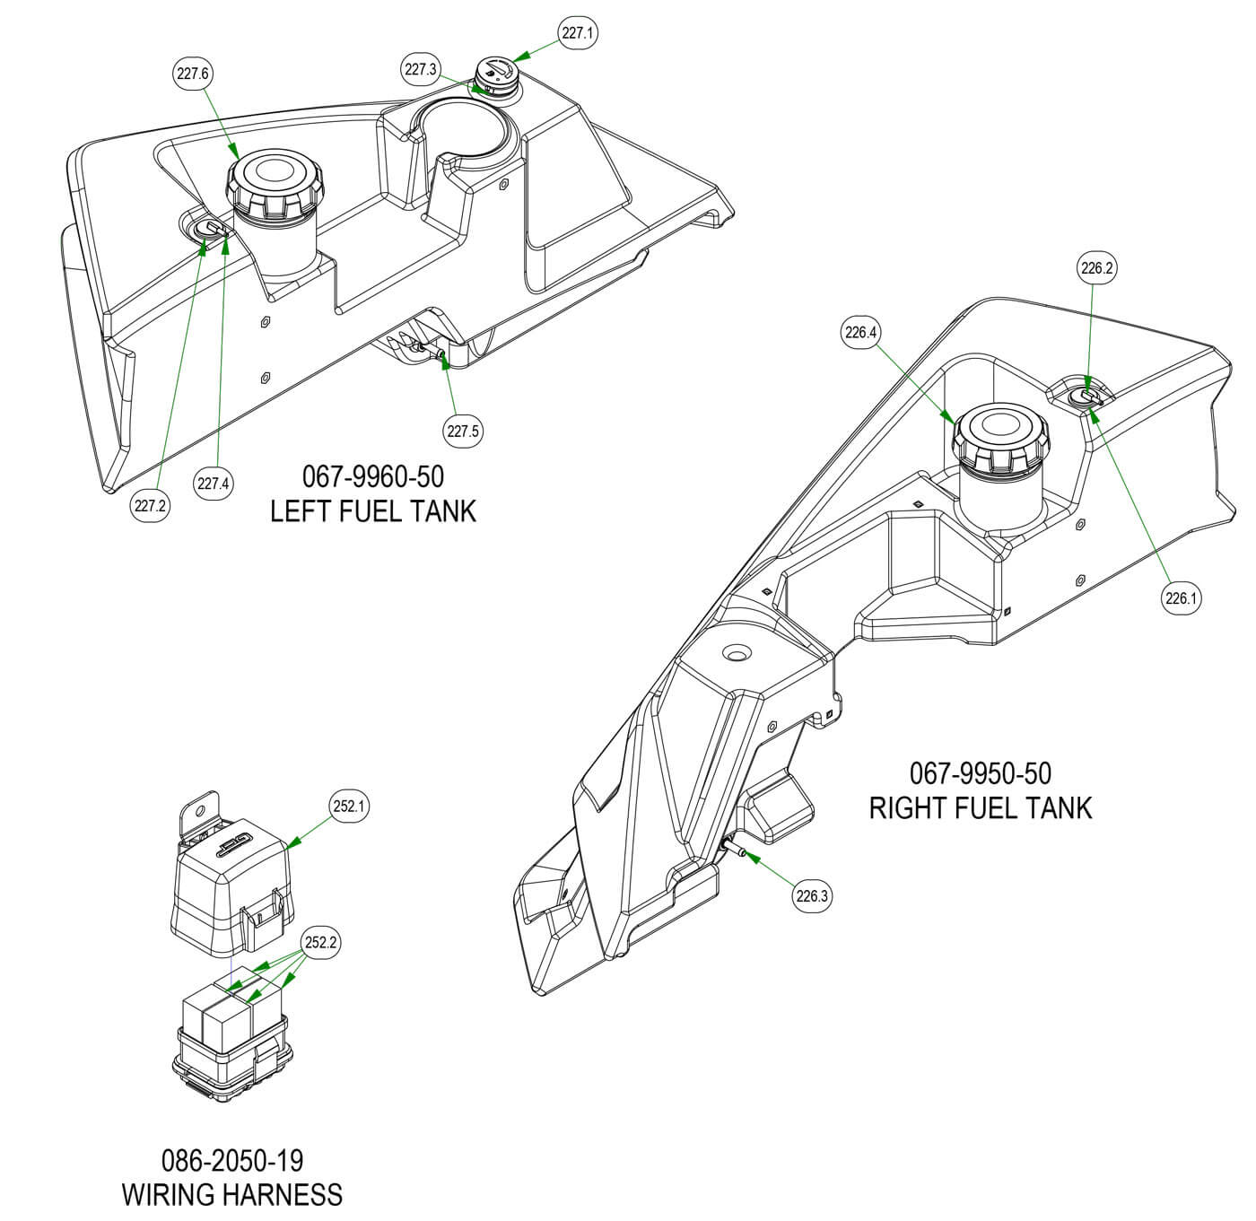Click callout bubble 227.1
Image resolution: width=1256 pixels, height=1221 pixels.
pos(578,33)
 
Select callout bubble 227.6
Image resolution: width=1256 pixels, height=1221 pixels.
pos(192,74)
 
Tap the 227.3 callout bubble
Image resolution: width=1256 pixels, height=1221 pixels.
pos(420,69)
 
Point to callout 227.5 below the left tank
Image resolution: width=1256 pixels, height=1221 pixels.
pos(463,432)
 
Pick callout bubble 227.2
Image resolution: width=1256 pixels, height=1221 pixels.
pos(151,506)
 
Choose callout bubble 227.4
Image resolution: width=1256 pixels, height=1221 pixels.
pos(214,484)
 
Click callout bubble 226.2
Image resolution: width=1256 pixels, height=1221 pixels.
pos(1097,267)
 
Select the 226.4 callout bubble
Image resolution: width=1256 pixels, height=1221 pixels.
pos(859,333)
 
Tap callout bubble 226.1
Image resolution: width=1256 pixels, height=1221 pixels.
pos(1181,598)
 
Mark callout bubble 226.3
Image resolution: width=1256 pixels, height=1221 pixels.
pos(812,894)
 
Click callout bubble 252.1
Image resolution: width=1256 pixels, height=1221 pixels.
pos(350,807)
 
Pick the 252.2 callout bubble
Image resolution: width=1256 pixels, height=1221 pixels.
pos(321,943)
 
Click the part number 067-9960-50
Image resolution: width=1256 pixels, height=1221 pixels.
pos(372,476)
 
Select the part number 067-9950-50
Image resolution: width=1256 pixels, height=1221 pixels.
pos(980,773)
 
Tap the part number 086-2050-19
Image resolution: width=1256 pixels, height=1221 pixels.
pos(232,1161)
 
